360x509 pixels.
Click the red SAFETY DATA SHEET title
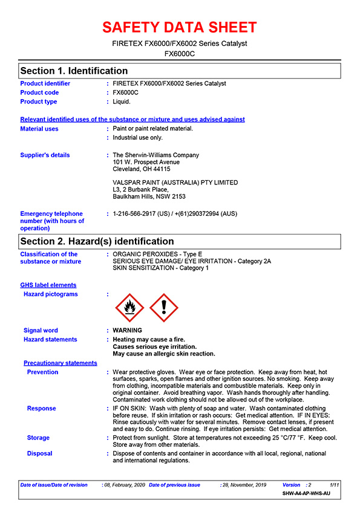(180, 27)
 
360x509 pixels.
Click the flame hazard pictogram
(129, 308)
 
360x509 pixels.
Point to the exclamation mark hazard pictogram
(163, 308)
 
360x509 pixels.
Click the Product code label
(40, 92)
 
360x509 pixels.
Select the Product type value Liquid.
(122, 102)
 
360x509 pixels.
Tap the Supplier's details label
(45, 155)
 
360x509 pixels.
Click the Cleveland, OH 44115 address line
(142, 169)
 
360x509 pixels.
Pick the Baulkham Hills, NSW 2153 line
(149, 196)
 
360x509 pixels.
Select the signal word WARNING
(128, 331)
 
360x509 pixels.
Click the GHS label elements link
(48, 285)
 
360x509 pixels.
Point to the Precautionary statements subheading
(61, 363)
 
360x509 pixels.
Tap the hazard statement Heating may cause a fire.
(149, 340)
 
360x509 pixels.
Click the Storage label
(38, 438)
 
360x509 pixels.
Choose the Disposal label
(39, 453)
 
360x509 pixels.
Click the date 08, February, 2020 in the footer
(125, 485)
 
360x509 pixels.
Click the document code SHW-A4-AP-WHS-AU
(307, 494)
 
